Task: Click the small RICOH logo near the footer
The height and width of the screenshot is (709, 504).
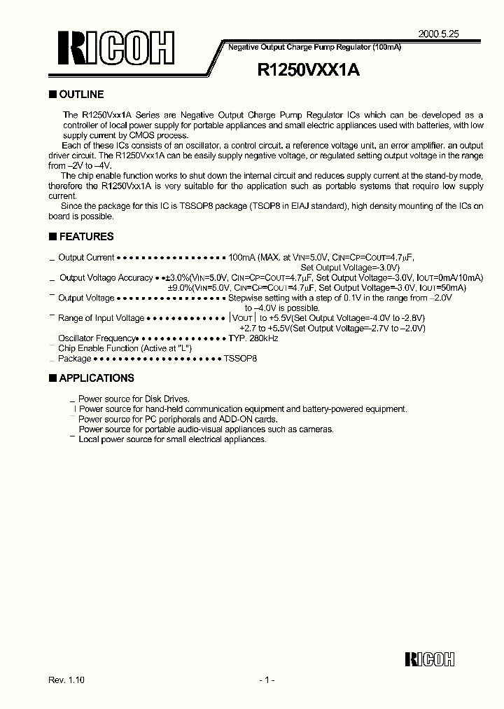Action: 429,659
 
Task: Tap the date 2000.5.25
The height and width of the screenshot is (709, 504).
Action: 438,33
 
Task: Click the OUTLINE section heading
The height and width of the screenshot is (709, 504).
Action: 81,95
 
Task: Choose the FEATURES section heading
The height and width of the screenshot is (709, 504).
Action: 86,237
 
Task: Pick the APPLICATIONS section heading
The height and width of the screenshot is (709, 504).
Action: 97,378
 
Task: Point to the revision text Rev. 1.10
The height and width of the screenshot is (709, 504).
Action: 68,680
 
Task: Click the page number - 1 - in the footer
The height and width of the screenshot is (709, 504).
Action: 266,680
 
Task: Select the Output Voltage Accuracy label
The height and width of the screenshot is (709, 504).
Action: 106,278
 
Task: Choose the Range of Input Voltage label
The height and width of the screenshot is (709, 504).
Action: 101,318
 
